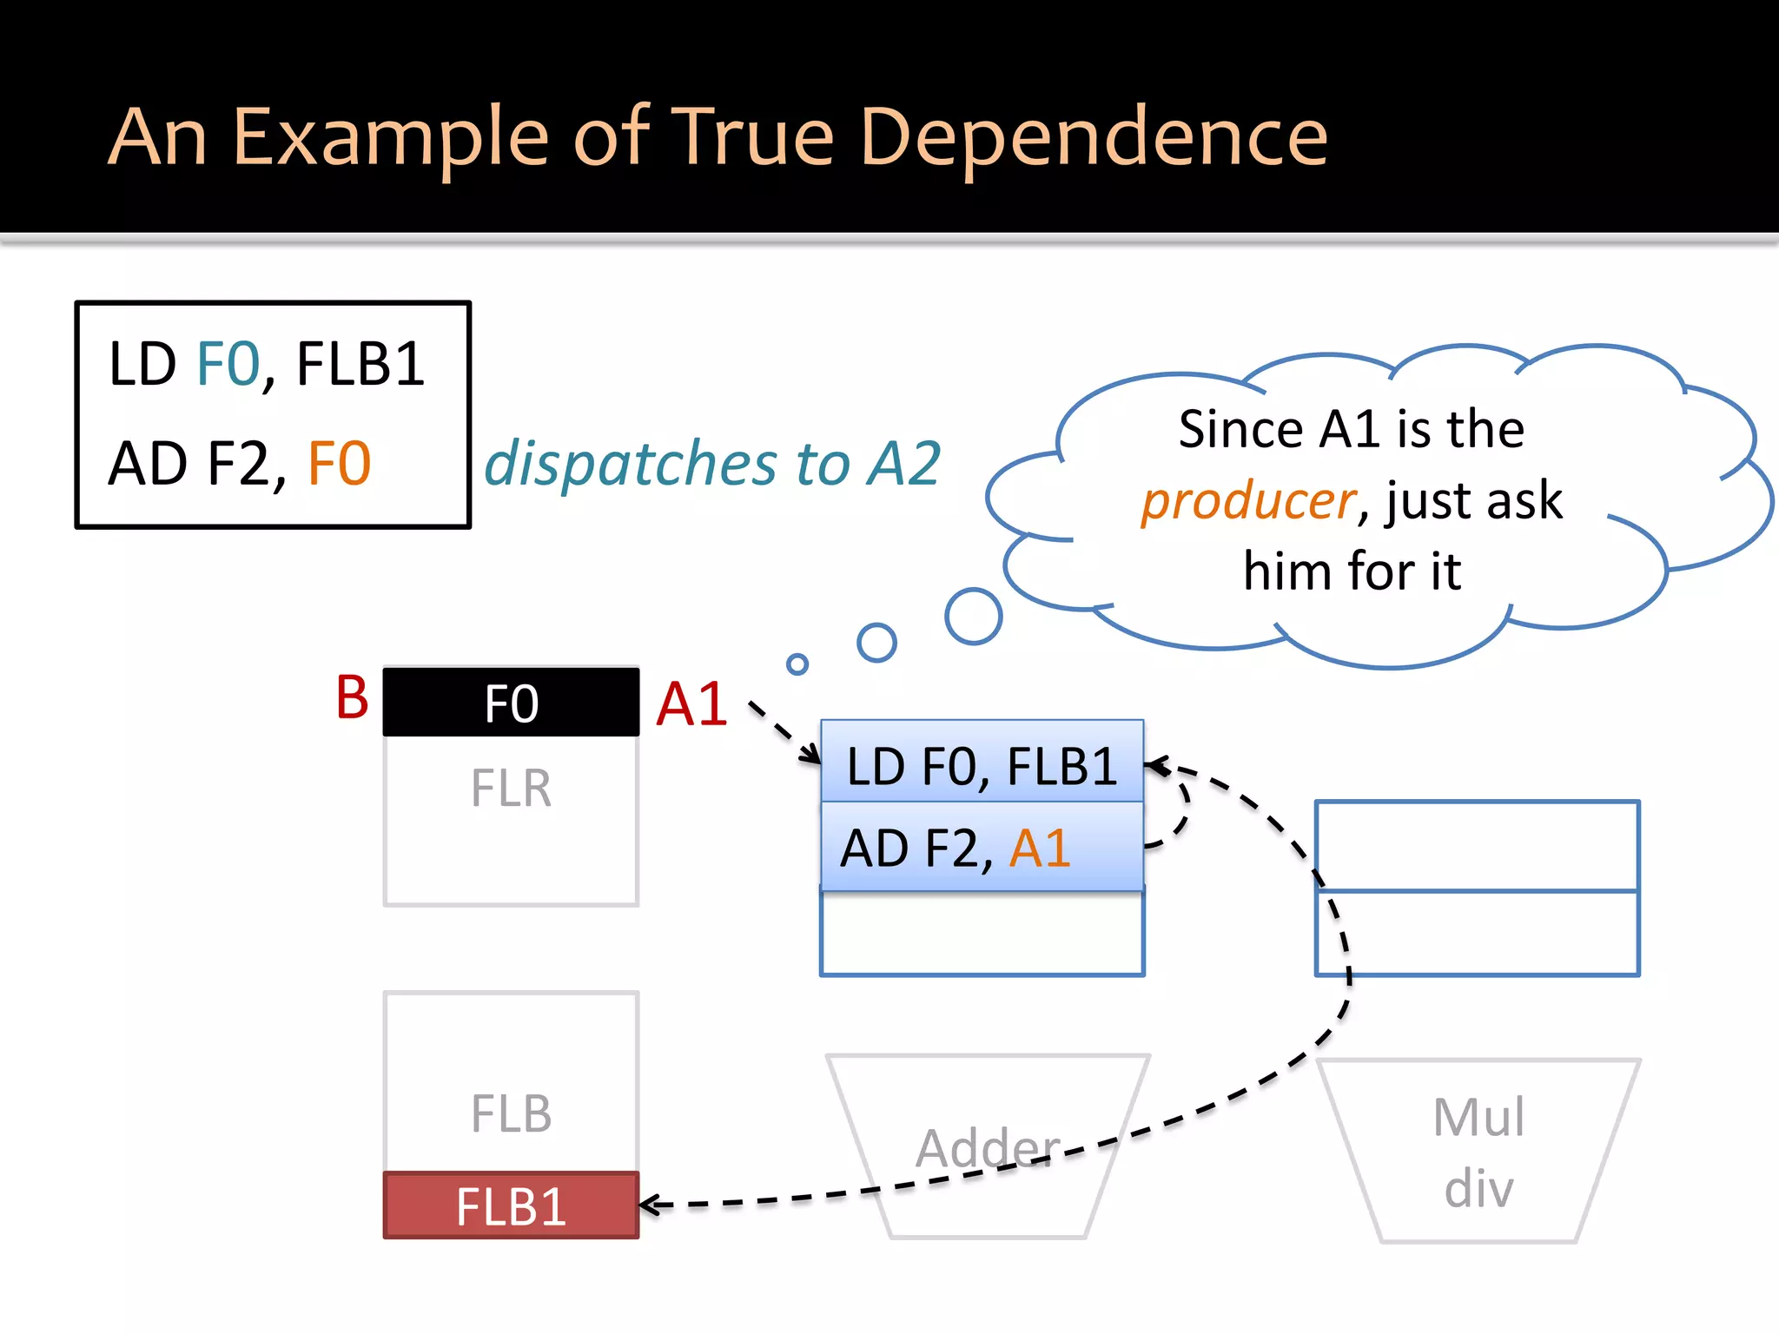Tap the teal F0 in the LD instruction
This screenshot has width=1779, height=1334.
point(228,364)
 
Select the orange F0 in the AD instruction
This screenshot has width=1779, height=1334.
point(339,463)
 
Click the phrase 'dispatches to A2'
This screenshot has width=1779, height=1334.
point(712,463)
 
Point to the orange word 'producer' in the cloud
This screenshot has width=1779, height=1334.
point(1247,501)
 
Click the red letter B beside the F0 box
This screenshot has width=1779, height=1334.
point(352,697)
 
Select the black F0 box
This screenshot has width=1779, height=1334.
point(511,703)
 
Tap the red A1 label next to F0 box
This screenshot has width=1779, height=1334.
point(691,703)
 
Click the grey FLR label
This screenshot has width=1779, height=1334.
point(511,789)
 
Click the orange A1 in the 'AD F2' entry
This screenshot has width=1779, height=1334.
point(1039,849)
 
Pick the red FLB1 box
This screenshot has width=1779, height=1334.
point(511,1206)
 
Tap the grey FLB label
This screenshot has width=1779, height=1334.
point(511,1114)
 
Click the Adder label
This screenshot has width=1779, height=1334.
point(988,1148)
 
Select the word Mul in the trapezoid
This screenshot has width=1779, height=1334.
point(1478,1117)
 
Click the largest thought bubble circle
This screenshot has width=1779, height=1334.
point(973,617)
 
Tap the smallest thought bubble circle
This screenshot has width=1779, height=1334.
point(797,664)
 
